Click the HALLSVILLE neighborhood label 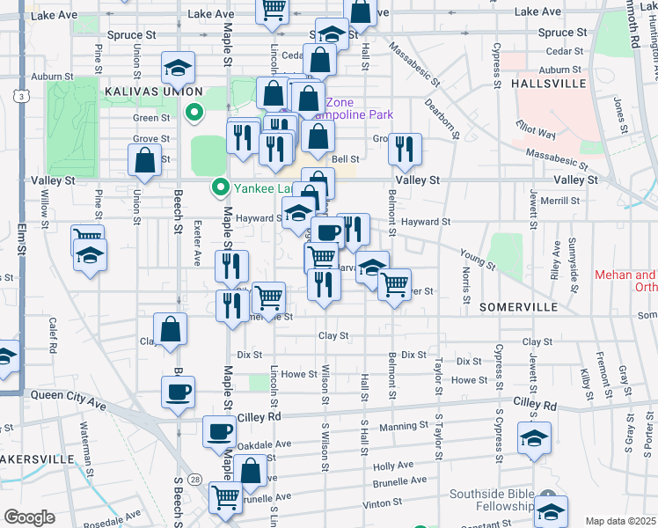click(548, 84)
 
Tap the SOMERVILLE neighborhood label click(519, 307)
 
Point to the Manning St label click(404, 427)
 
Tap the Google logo click(29, 517)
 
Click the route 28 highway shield click(194, 478)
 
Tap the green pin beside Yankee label click(220, 187)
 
